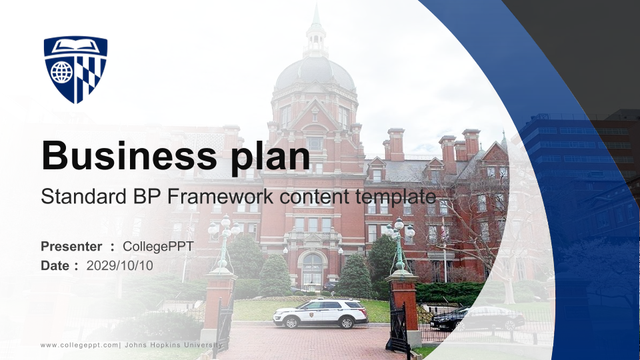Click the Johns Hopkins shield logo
click(x=75, y=69)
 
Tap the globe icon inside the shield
click(x=61, y=72)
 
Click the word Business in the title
click(x=129, y=155)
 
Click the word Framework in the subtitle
click(x=220, y=196)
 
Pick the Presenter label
click(x=71, y=246)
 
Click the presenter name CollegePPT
click(x=158, y=247)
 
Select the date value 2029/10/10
click(x=119, y=265)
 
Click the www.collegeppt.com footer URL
click(x=79, y=345)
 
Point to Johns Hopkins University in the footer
click(x=173, y=345)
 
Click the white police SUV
click(x=321, y=313)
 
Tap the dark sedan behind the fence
click(x=477, y=318)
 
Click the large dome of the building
click(x=315, y=73)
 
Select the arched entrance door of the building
click(x=313, y=269)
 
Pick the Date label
click(x=59, y=265)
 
